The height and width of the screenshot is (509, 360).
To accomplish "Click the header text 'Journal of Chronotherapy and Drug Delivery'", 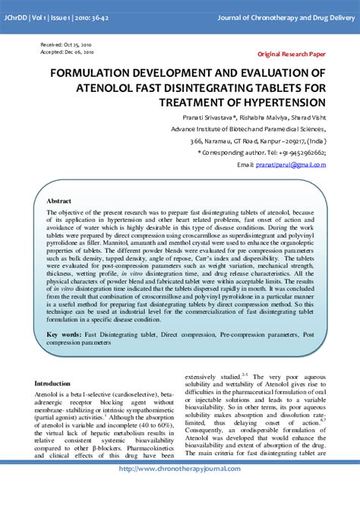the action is [x=286, y=17].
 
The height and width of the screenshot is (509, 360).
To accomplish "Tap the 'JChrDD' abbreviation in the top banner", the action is [x=17, y=17].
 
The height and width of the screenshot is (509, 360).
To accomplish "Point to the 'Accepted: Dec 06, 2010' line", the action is [x=67, y=53].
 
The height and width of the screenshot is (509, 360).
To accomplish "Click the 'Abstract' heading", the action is [x=59, y=201].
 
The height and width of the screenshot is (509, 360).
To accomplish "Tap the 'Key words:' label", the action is [x=63, y=334].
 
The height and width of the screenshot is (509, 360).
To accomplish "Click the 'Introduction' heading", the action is [x=52, y=384].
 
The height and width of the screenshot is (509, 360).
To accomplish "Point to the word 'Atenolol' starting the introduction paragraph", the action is [x=48, y=396].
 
